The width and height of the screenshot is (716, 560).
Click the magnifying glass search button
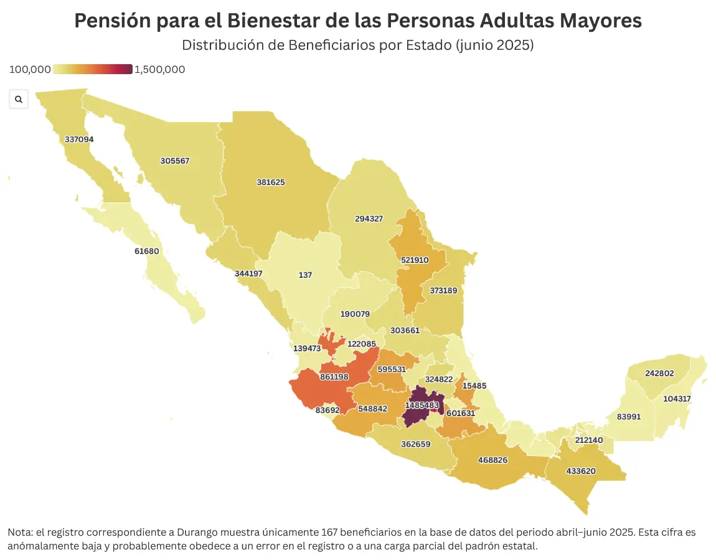tap(19, 99)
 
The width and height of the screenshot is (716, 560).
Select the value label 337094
tap(79, 140)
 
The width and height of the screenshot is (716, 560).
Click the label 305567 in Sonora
tap(175, 161)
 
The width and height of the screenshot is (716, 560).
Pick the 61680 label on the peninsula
tap(147, 252)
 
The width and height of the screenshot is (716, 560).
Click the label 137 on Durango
tap(305, 275)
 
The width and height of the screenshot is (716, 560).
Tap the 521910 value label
tap(414, 260)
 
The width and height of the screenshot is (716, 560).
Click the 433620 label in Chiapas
tap(581, 471)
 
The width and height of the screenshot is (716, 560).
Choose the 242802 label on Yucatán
tap(659, 374)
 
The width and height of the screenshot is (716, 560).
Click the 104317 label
tap(677, 399)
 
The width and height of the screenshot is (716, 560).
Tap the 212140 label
tap(589, 440)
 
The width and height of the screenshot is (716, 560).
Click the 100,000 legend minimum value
tap(30, 70)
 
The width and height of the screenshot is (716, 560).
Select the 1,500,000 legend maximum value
tap(160, 70)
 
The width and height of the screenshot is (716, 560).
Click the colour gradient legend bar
tap(93, 70)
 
